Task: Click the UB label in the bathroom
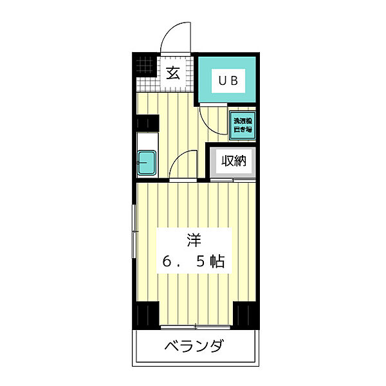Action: [229, 82]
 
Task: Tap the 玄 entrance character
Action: [174, 72]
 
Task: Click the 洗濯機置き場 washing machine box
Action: [243, 125]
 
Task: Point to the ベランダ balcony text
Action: [193, 348]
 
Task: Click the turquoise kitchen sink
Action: [147, 162]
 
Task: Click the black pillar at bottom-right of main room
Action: [244, 315]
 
